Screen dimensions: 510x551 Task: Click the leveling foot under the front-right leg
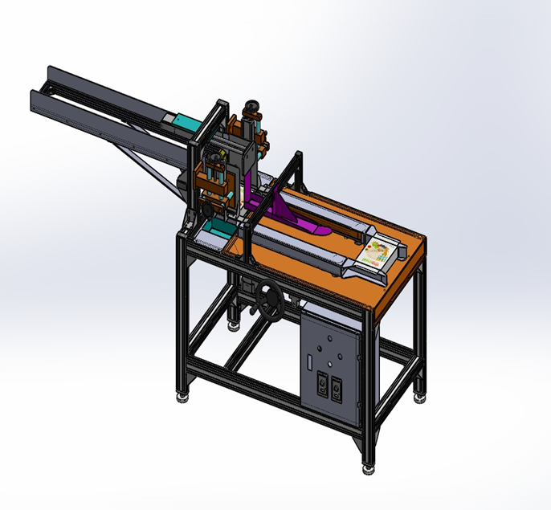pos(369,465)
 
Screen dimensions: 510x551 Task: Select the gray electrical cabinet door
pos(329,361)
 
